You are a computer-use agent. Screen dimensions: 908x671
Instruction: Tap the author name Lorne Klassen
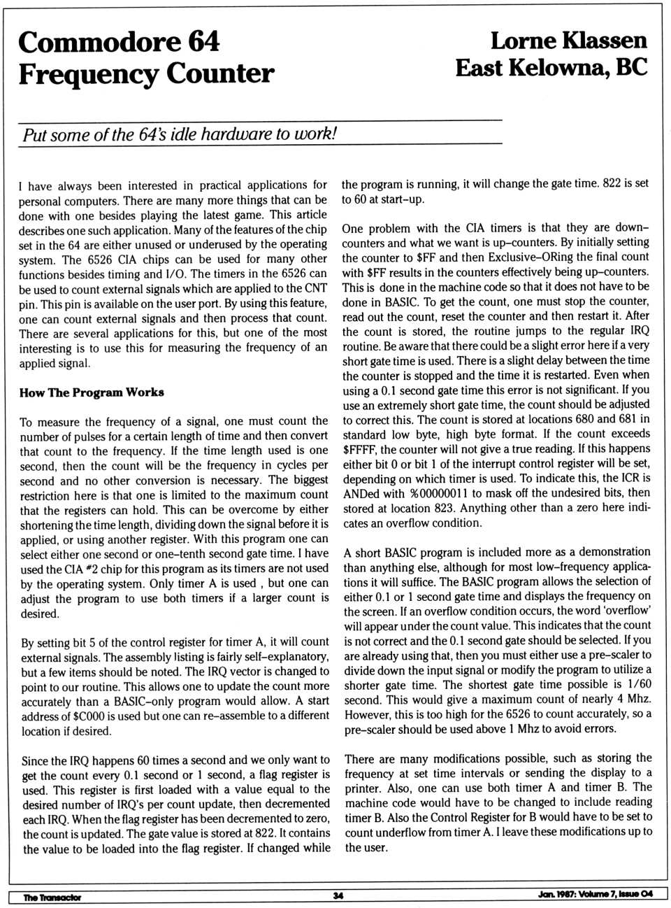568,41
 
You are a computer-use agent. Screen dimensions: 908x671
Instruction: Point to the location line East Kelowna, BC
551,68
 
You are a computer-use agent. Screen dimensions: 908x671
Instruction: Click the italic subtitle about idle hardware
180,134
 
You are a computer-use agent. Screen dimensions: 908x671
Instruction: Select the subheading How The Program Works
92,392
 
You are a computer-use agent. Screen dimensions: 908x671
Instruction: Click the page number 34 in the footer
338,896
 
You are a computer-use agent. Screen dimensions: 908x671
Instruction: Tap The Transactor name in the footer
52,898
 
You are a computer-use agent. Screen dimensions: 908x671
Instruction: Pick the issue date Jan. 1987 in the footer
556,894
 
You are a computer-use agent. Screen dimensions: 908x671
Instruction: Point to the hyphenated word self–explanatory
282,657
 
